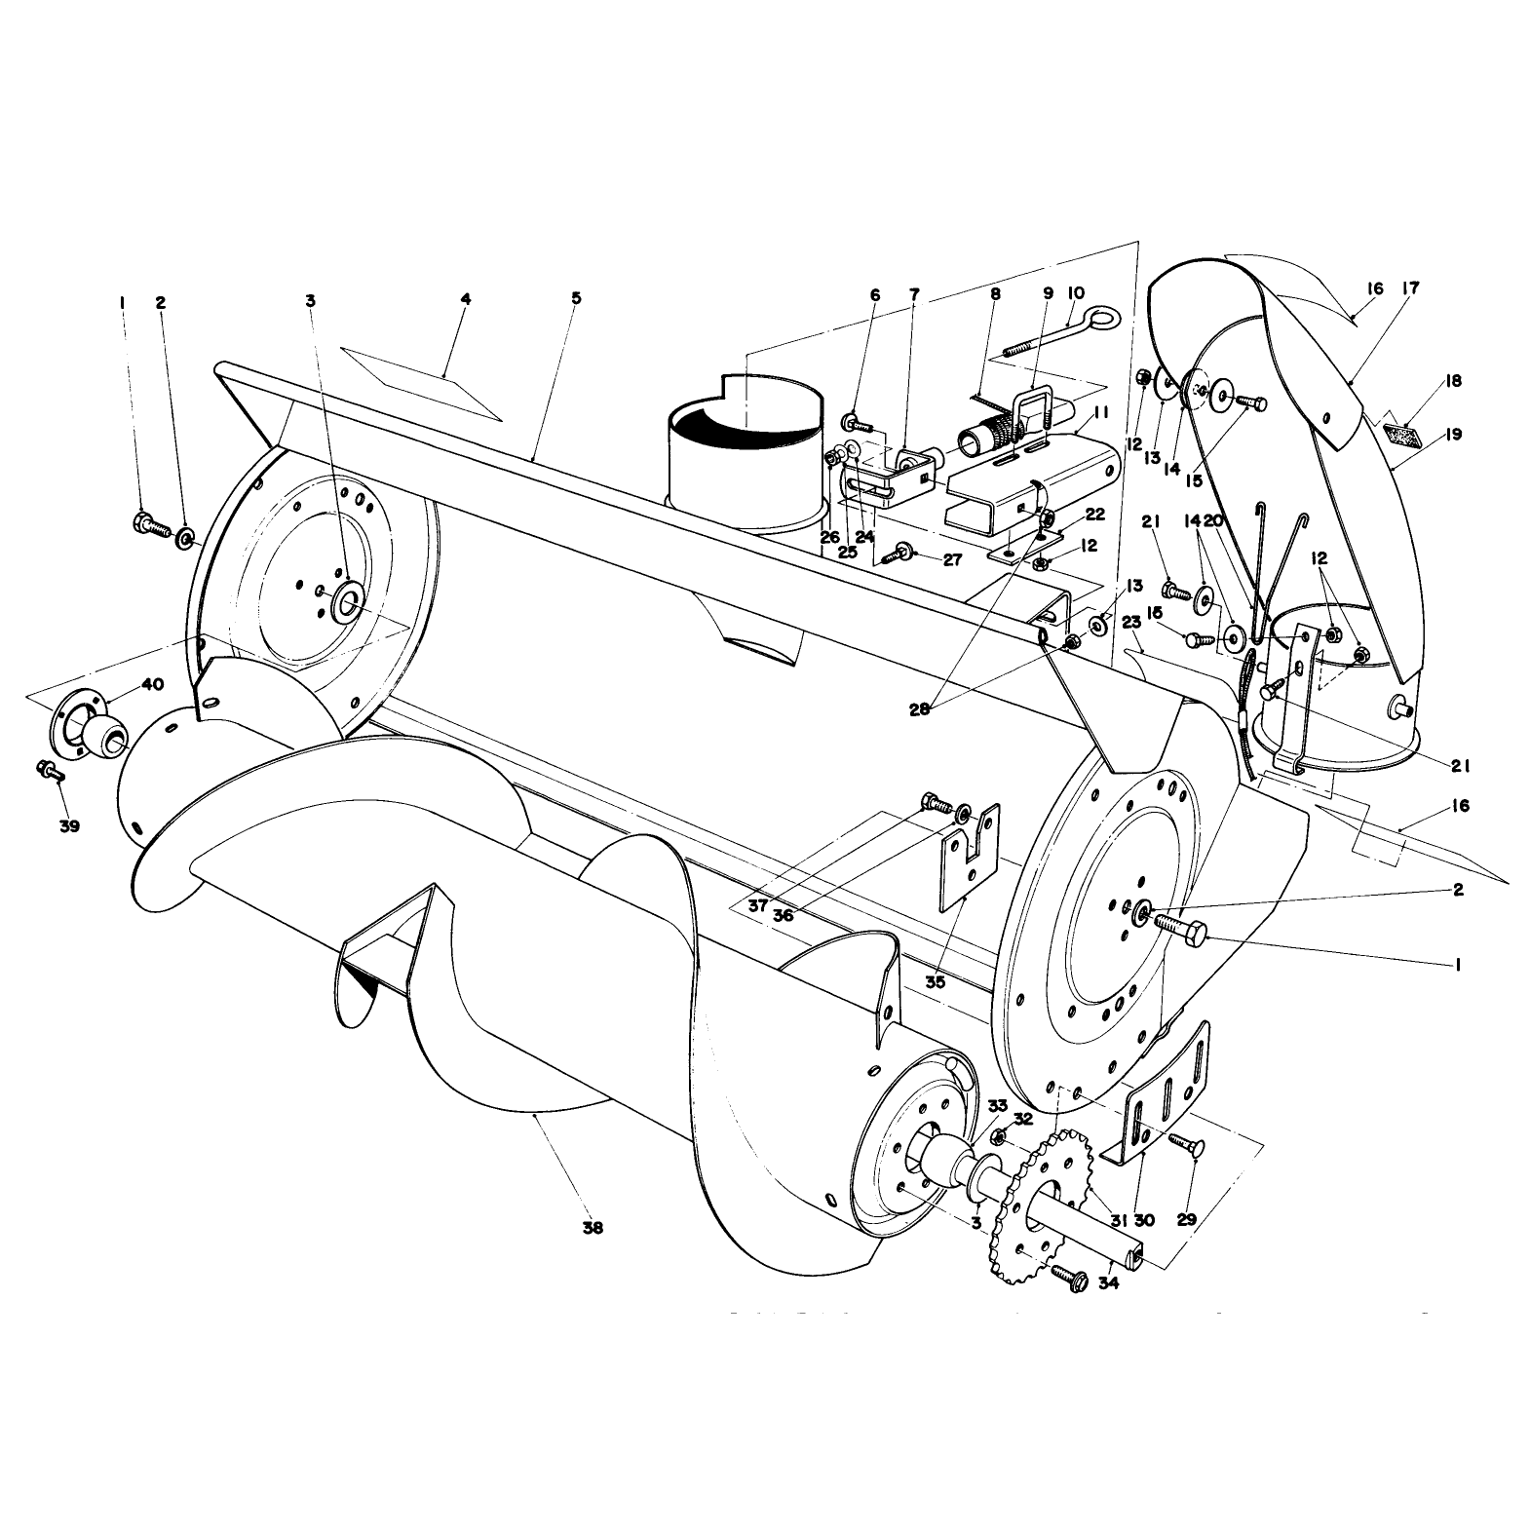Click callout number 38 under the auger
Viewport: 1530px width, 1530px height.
click(x=592, y=1228)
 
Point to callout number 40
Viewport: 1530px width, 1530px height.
click(x=152, y=684)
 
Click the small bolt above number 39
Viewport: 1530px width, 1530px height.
click(x=50, y=772)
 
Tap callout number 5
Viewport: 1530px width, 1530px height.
click(x=576, y=297)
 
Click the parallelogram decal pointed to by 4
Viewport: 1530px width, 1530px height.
click(x=421, y=382)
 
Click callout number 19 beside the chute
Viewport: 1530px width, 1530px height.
click(x=1454, y=435)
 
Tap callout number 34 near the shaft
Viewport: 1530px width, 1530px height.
click(x=1108, y=1282)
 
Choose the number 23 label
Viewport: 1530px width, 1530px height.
click(x=1130, y=622)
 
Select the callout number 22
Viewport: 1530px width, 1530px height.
click(x=1094, y=514)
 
